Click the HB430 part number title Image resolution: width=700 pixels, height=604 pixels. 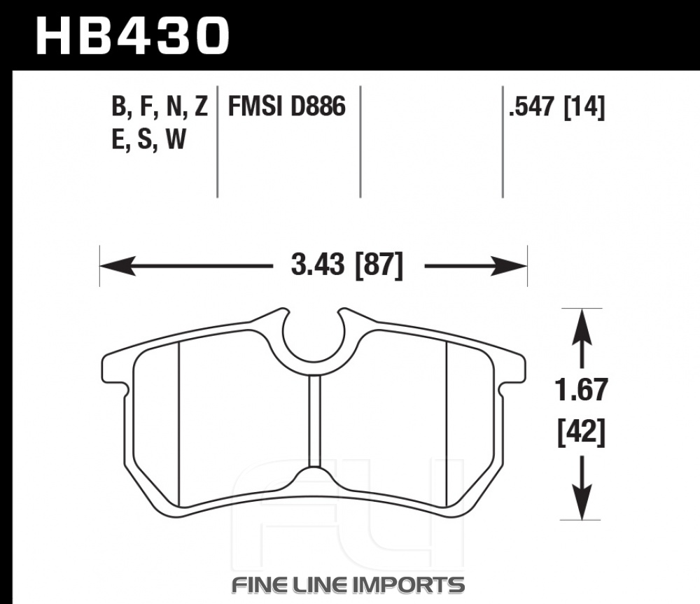(132, 36)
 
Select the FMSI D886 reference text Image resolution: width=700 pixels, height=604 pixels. (286, 106)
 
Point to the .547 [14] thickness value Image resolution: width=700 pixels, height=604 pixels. (556, 107)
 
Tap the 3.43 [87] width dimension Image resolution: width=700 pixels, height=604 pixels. (347, 266)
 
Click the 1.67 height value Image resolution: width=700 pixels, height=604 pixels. (581, 390)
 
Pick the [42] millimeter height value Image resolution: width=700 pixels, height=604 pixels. (581, 432)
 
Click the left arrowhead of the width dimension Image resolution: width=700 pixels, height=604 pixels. (118, 266)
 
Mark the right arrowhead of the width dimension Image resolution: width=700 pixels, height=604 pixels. (510, 266)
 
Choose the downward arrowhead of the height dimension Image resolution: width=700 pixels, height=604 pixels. (581, 502)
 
